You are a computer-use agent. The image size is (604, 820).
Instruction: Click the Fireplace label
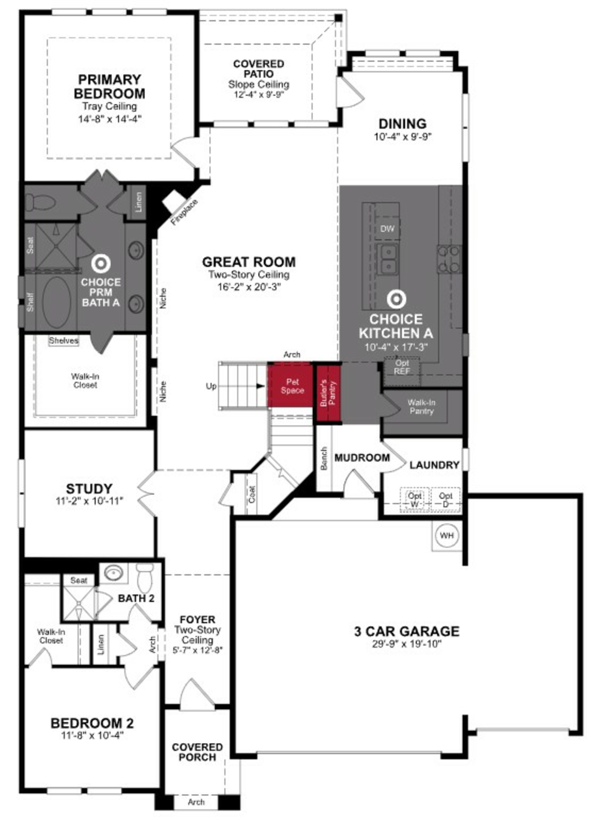(x=185, y=212)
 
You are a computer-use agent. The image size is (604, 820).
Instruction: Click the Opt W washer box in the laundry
(x=415, y=500)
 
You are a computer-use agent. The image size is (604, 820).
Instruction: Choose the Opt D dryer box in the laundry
(x=445, y=500)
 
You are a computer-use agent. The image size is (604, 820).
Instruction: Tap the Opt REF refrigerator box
(x=402, y=367)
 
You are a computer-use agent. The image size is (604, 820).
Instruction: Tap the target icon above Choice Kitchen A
(x=396, y=299)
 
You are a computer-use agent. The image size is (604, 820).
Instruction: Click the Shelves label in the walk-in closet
(x=64, y=340)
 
